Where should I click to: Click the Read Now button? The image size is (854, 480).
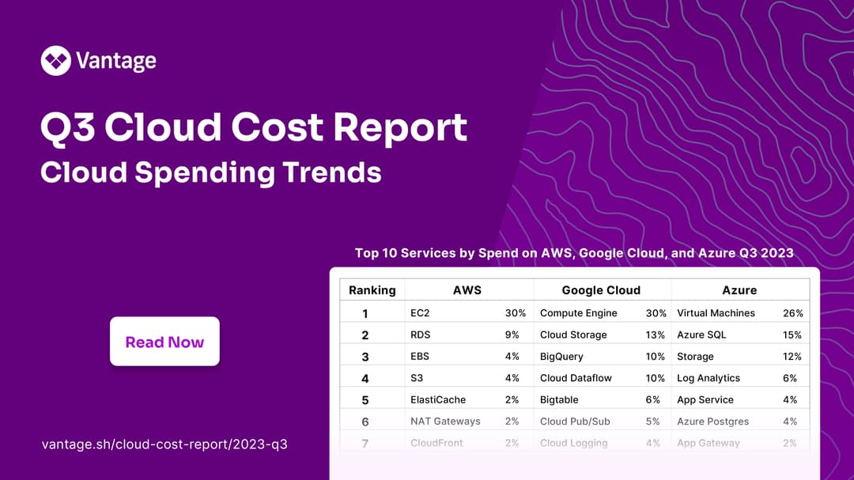164,342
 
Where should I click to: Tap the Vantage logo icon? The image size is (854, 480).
55,60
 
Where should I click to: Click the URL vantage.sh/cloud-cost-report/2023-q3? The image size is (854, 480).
164,444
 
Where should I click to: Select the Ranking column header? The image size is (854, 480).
372,290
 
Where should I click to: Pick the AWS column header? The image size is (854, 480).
467,290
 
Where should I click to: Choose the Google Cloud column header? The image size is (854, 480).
601,290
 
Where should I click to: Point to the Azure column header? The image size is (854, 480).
739,290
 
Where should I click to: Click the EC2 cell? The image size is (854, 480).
420,313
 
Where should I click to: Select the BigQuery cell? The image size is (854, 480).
561,357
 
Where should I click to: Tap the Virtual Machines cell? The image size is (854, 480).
716,313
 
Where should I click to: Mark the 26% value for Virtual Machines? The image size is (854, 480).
793,313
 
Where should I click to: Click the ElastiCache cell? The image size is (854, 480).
438,400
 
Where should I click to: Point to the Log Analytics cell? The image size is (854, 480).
709,378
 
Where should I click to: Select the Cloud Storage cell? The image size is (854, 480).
573,334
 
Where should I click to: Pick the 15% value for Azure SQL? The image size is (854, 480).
792,334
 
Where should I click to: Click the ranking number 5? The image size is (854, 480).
365,400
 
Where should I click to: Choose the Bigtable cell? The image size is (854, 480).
559,400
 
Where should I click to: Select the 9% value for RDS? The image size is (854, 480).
512,334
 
